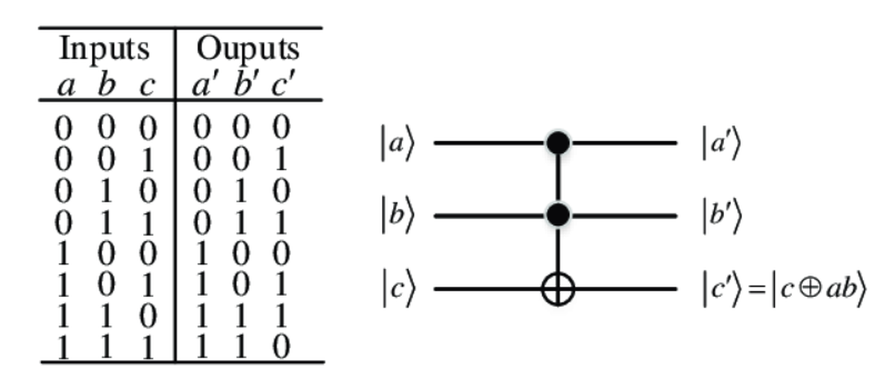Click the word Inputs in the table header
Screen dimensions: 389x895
click(104, 50)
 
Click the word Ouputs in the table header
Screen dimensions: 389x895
click(248, 50)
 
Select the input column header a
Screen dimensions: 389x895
click(66, 86)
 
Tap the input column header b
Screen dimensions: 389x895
click(107, 85)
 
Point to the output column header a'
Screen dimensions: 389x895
click(201, 85)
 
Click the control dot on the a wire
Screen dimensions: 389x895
click(558, 143)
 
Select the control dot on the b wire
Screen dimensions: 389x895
click(558, 216)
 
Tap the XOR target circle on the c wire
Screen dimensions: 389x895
click(558, 289)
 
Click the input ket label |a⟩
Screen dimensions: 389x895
click(395, 143)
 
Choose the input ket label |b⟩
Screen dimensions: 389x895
click(395, 217)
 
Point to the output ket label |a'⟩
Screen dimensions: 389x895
click(721, 143)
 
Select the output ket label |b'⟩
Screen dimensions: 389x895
click(721, 217)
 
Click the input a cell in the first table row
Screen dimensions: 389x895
click(65, 128)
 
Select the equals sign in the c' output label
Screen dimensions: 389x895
click(756, 290)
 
